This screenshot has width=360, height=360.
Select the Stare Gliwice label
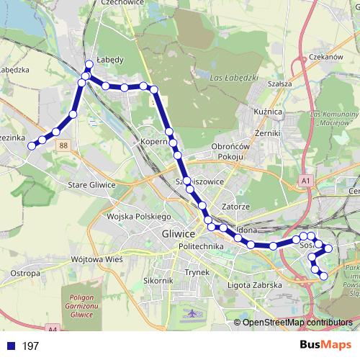[91, 185]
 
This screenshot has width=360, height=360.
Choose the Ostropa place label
[24, 274]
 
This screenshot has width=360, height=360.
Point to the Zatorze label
[235, 206]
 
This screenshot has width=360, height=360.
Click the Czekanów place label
[325, 57]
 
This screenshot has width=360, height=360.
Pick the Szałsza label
[278, 84]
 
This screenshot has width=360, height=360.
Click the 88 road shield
[65, 145]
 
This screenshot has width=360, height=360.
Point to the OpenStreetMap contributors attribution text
[297, 323]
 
